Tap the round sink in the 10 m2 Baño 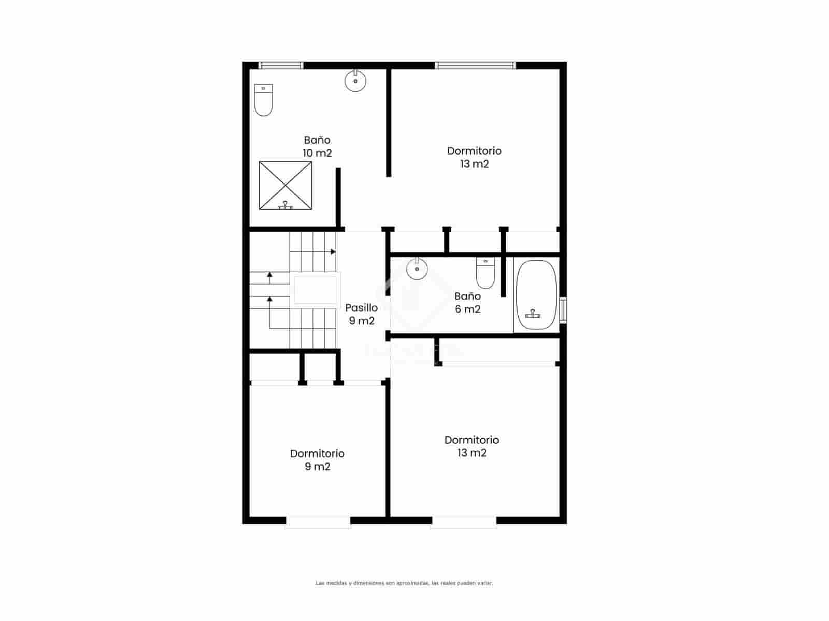tap(355, 81)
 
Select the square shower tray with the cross tap(285, 185)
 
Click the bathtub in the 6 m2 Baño tap(536, 295)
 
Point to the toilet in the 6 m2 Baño tap(485, 273)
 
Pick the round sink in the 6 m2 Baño tap(417, 269)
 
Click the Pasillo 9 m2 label tap(362, 314)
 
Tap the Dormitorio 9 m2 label tap(317, 460)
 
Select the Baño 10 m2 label tap(317, 146)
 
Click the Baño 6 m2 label tap(467, 303)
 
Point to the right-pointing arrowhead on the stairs tap(333, 252)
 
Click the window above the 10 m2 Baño tap(281, 65)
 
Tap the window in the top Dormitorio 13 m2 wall tap(476, 65)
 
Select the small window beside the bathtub tap(563, 310)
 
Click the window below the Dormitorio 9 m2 tap(318, 522)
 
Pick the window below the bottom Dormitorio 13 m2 tap(464, 522)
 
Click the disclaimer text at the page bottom tap(404, 583)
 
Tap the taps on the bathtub tap(533, 314)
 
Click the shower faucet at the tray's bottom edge tap(285, 205)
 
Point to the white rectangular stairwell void tap(315, 290)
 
